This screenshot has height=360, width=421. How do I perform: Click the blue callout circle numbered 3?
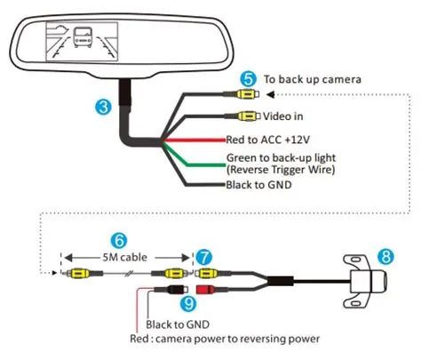[104, 107]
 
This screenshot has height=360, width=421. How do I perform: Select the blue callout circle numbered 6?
[116, 239]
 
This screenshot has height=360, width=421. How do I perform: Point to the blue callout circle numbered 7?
[203, 256]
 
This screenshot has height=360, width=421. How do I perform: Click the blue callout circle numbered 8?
[385, 256]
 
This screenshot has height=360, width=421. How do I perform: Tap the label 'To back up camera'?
[312, 79]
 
